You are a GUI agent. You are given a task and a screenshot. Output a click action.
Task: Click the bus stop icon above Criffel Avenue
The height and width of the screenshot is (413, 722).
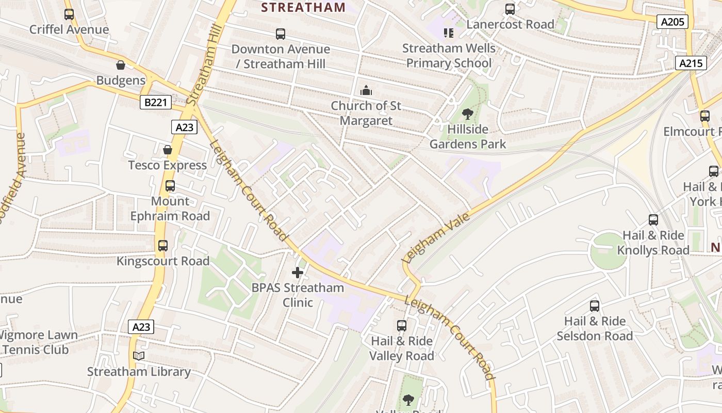tap(69, 14)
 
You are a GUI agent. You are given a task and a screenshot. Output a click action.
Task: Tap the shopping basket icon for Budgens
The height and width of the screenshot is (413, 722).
tap(121, 65)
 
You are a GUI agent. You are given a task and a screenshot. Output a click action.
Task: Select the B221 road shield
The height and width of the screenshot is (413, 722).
tap(155, 102)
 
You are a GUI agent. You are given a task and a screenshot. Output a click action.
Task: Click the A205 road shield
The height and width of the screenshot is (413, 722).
tap(672, 21)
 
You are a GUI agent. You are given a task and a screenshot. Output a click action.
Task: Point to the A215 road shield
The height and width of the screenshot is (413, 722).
tap(691, 63)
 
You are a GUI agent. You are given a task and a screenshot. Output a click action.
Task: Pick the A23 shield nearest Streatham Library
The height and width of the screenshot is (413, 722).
tap(141, 327)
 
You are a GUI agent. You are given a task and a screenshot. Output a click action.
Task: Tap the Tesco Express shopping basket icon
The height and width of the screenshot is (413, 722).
tap(168, 150)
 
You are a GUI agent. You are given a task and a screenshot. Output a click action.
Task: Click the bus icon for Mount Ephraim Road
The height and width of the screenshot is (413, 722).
tap(170, 186)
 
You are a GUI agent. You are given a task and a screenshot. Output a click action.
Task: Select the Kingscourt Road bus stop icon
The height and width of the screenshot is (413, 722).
tap(163, 246)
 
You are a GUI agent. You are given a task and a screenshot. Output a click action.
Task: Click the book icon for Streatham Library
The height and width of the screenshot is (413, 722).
tap(139, 356)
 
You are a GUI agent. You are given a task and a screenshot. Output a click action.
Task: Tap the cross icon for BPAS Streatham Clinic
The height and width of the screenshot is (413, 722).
tap(298, 272)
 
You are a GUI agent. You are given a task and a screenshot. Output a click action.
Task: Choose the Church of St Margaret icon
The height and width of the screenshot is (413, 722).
tap(366, 90)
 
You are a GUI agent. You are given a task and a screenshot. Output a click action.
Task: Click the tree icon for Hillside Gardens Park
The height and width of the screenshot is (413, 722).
tap(468, 114)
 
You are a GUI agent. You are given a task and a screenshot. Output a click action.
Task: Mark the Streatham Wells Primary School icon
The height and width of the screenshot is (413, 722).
tap(449, 33)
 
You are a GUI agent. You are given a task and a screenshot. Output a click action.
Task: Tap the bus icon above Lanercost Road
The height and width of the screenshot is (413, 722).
tap(510, 9)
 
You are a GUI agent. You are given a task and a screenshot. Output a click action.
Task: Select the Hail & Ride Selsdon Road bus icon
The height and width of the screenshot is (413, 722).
tap(595, 306)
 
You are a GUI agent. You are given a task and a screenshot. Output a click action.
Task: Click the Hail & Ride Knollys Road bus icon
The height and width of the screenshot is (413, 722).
tap(653, 220)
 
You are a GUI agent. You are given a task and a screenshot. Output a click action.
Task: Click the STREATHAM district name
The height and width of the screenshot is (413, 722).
tap(303, 7)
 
